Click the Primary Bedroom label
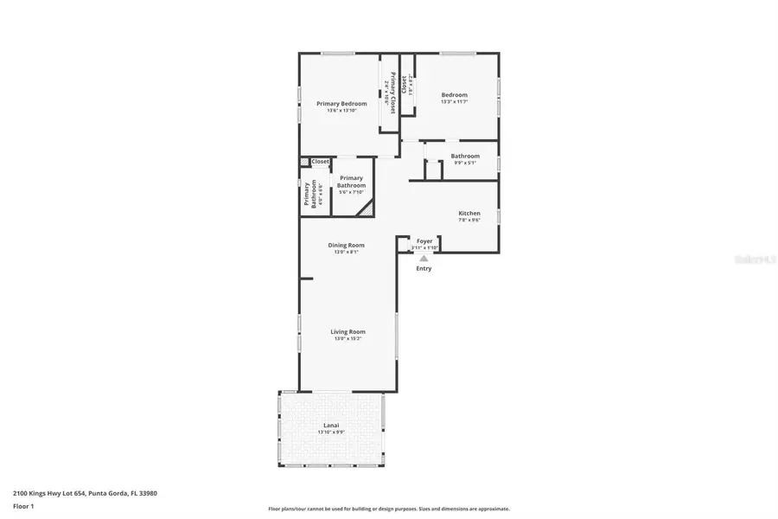point(341,104)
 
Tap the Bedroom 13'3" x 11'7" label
point(454,95)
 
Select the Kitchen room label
point(469,213)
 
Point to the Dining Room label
point(346,245)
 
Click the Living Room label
point(348,331)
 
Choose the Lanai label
point(332,425)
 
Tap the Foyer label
point(424,241)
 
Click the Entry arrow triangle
point(424,257)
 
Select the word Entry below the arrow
point(424,268)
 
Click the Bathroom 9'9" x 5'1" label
point(465,156)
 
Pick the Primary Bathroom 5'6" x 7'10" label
point(351,182)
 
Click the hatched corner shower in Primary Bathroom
point(368,208)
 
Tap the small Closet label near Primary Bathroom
point(320,161)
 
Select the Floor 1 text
point(24,504)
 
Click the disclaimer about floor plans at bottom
point(389,509)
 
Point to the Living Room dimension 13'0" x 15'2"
point(348,338)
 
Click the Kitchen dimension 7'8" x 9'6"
point(469,221)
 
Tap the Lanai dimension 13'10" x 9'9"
point(332,432)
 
